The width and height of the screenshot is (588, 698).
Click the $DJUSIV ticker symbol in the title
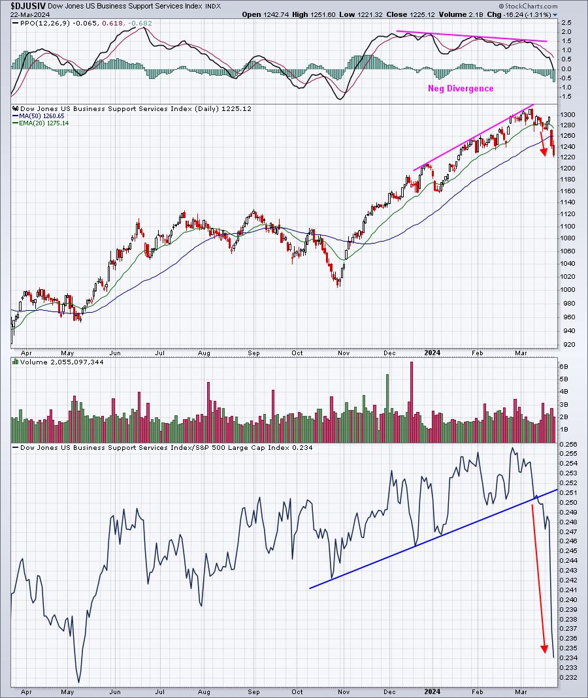click(27, 7)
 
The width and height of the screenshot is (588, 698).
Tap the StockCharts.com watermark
click(528, 7)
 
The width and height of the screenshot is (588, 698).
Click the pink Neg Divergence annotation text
click(461, 89)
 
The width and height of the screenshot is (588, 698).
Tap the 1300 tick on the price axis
click(570, 114)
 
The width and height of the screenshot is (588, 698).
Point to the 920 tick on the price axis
click(568, 345)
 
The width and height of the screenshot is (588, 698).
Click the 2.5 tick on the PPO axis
click(566, 22)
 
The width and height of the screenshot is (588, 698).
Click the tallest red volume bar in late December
click(411, 402)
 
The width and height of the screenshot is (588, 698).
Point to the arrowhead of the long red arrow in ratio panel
click(544, 650)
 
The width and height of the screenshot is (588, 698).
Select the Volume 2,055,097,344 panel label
click(61, 362)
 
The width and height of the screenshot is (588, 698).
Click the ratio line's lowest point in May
click(79, 682)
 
